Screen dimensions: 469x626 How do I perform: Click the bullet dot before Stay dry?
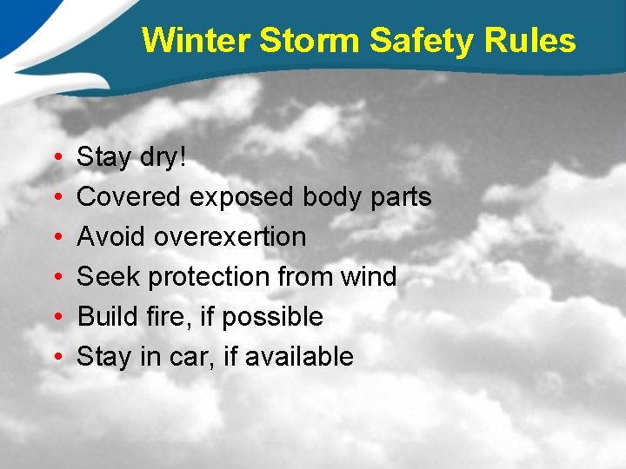point(55,158)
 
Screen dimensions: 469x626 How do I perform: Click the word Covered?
point(130,197)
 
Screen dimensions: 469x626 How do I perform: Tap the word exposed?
point(243,197)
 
